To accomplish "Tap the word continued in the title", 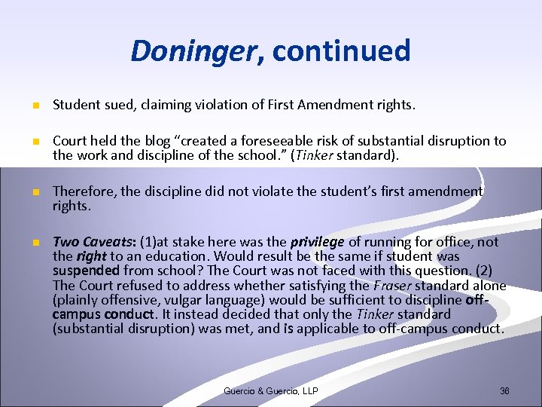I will [342, 51].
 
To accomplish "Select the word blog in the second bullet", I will [154, 141].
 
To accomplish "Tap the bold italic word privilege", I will [316, 242].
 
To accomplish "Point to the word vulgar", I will [166, 300].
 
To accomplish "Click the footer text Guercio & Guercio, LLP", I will [270, 390].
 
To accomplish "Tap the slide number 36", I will [504, 390].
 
